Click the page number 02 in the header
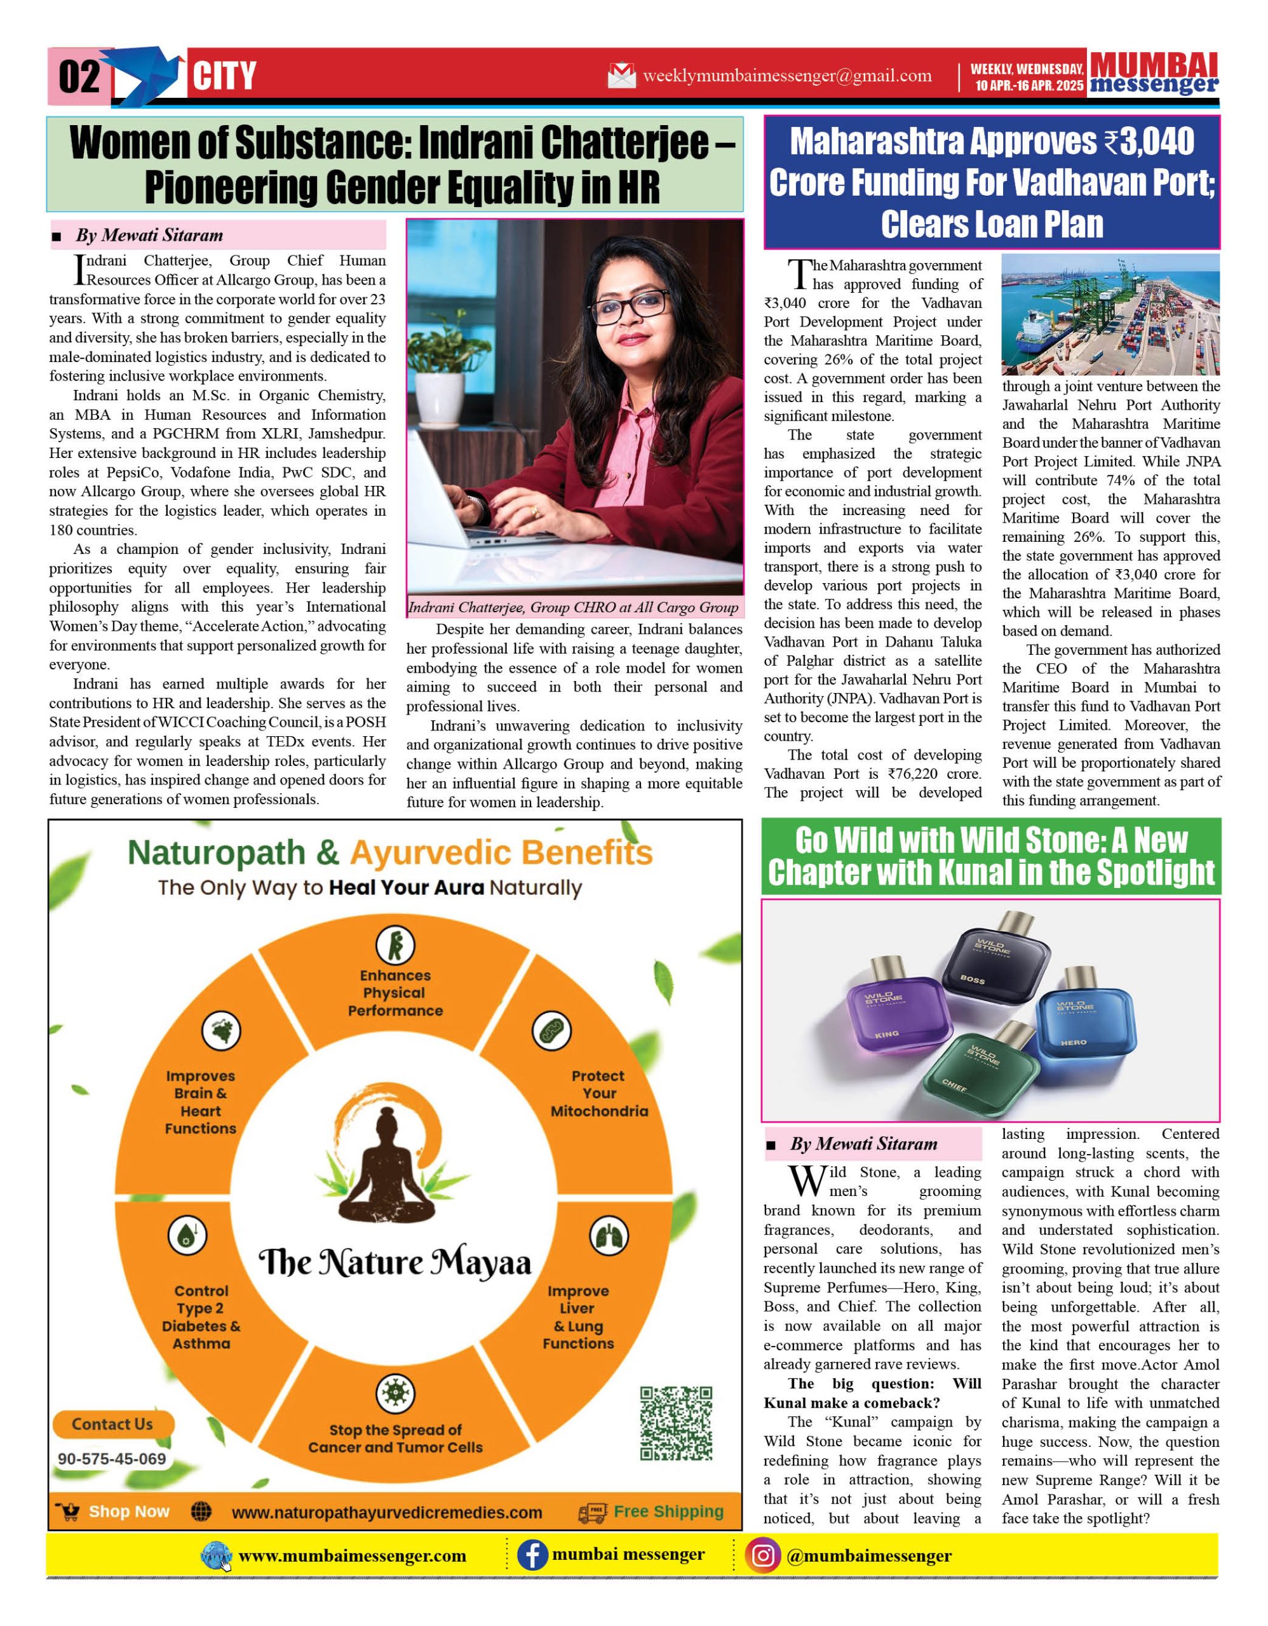click(78, 77)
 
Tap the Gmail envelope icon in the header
click(622, 75)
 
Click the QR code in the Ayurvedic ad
click(675, 1423)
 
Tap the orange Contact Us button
click(113, 1424)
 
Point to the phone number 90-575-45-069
click(112, 1459)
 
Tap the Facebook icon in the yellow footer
click(532, 1556)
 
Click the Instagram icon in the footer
click(763, 1556)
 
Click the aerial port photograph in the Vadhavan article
click(1110, 314)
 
